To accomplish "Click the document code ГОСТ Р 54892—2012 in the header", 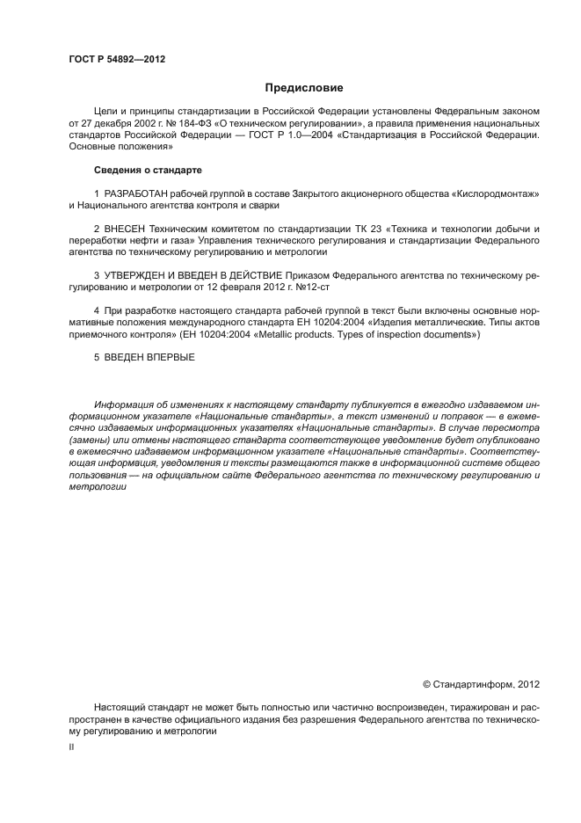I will pyautogui.click(x=117, y=59).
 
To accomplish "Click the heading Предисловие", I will pyautogui.click(x=304, y=88).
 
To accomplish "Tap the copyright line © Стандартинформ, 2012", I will pyautogui.click(x=481, y=683).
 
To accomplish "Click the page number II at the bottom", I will pyautogui.click(x=71, y=746).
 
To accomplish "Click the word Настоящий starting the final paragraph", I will pyautogui.click(x=120, y=707).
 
